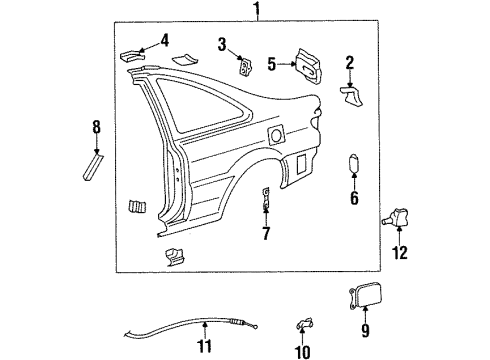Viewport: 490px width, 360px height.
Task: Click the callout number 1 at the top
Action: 257,9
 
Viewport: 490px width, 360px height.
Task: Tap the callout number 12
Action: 400,253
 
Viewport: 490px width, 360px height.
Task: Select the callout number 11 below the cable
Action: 205,346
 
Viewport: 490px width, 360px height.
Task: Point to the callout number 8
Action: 96,127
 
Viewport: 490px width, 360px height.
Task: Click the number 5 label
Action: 272,64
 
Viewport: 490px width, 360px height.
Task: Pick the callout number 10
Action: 303,352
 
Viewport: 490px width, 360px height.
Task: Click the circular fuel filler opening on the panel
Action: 276,135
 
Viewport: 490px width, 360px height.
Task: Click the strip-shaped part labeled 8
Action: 93,167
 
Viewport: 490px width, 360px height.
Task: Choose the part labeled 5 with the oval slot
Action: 308,67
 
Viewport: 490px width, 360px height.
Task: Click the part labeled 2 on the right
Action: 352,96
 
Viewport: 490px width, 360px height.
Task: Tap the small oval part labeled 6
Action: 353,164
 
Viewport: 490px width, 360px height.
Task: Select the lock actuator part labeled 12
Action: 397,217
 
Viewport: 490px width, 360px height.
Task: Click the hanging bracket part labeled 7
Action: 266,199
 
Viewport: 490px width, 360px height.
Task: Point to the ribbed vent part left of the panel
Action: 137,207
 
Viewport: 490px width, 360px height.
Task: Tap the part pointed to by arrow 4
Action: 132,56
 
